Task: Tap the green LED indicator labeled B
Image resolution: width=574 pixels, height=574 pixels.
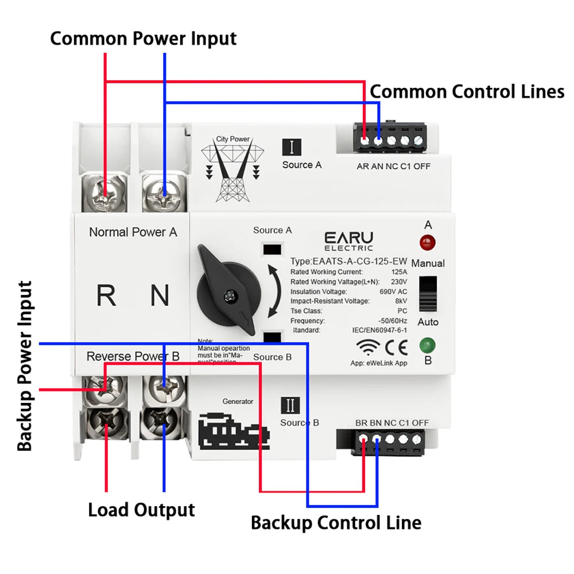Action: pos(428,346)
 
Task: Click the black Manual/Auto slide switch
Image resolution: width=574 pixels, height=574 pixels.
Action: pos(428,293)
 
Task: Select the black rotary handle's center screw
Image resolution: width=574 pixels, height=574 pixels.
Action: pos(231,296)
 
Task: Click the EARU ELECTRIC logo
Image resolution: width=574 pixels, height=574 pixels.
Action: pos(348,241)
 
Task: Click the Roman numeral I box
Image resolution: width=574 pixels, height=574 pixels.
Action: pos(292,147)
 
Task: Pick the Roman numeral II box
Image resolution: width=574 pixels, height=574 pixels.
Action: pos(290,405)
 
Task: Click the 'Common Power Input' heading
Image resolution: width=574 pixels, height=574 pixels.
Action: pos(143,38)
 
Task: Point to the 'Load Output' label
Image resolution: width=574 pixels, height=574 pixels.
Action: pos(141,510)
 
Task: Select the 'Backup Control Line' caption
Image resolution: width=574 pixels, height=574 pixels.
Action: pos(336,523)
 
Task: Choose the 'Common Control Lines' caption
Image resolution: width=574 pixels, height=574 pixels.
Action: pos(467,92)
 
